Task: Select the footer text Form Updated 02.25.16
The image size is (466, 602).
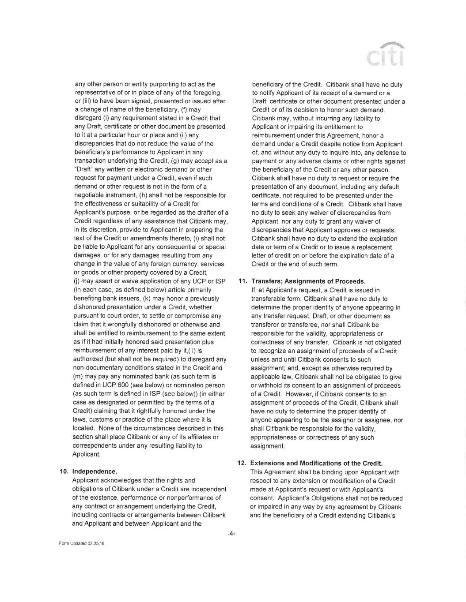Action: [82, 543]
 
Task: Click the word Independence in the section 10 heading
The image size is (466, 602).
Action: [95, 471]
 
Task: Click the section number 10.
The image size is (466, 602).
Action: [64, 471]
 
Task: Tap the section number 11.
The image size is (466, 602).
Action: [242, 281]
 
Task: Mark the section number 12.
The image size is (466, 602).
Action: [242, 463]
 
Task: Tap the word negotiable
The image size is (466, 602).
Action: [90, 195]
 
